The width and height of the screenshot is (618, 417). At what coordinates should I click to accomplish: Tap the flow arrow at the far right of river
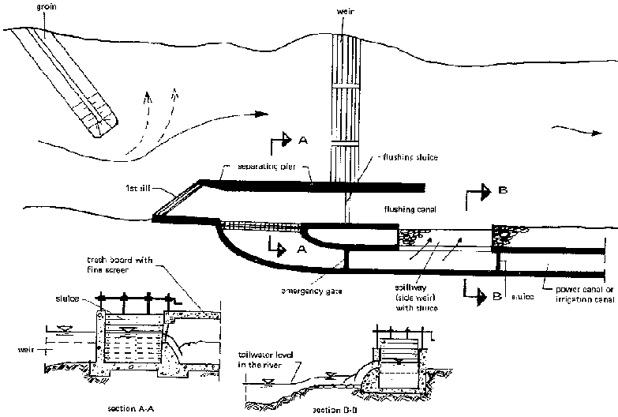point(571,126)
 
